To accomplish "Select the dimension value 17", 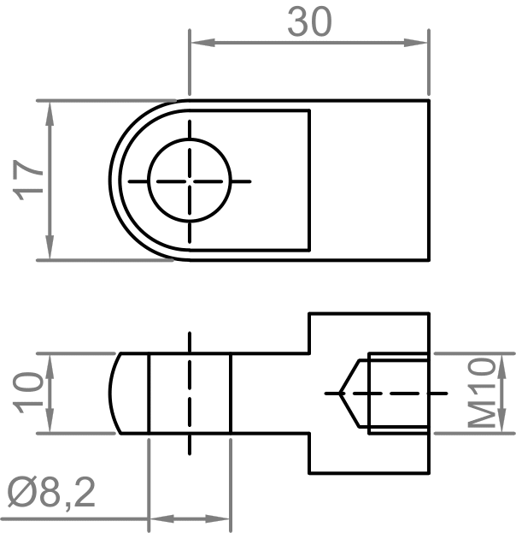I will [31, 179].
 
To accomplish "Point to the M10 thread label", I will [483, 393].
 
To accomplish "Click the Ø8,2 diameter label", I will [51, 494].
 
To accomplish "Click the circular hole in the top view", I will [190, 181].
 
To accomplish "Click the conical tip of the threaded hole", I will [346, 393].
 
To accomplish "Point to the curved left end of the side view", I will [114, 393].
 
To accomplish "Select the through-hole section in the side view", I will [190, 393].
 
